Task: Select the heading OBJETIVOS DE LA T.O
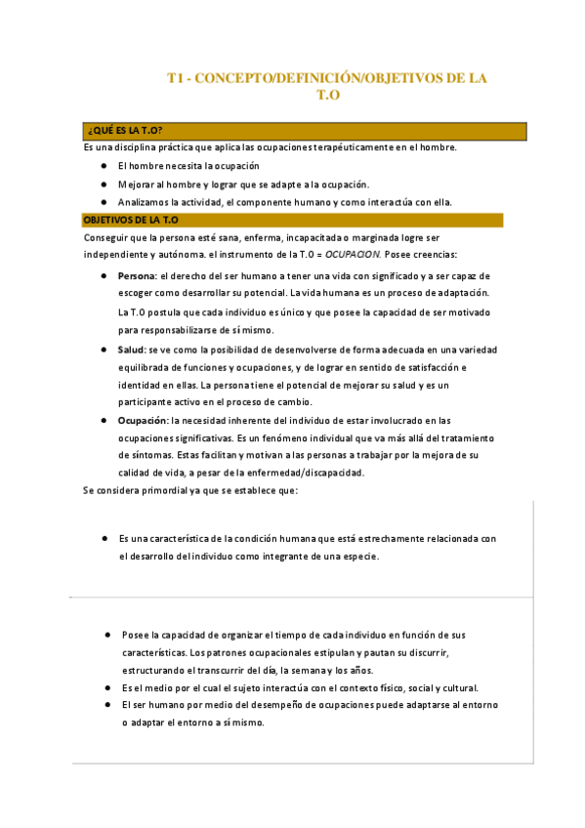coord(131,221)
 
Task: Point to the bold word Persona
coord(136,276)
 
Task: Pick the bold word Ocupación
coord(142,420)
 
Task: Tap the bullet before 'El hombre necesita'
coord(104,166)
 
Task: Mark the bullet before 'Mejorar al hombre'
coord(104,184)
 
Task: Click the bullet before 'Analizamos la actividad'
coord(104,202)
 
